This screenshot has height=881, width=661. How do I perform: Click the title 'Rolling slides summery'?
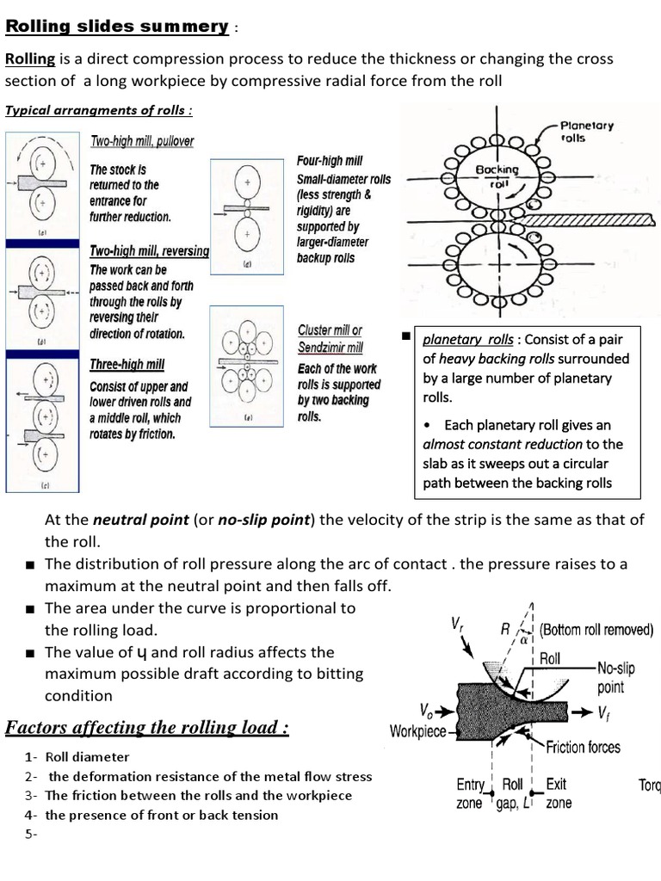coord(116,26)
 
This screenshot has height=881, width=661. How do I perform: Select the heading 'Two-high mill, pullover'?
coord(142,141)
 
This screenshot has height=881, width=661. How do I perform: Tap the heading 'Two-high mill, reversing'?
coord(149,251)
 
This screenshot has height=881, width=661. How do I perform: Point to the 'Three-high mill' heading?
coord(127,365)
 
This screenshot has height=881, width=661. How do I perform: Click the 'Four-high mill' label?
coord(330,161)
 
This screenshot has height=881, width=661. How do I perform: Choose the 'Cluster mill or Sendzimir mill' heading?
coord(330,339)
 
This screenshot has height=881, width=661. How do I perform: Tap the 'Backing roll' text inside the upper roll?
coord(497,176)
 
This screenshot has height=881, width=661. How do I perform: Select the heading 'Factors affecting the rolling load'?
coord(147,728)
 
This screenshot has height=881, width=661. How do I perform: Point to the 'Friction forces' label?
coord(583,747)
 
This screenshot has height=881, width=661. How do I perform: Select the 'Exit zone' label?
coord(557,793)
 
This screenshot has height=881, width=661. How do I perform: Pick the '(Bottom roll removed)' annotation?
coord(596,630)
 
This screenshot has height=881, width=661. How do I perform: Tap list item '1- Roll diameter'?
coord(77,757)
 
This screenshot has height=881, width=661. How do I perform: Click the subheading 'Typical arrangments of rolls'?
coord(99,109)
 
